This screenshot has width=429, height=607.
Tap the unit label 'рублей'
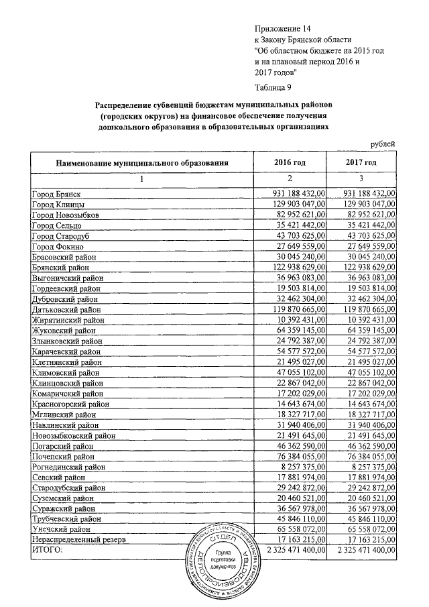(383, 143)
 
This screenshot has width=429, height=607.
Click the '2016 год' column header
(290, 162)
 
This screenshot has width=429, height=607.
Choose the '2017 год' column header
(361, 162)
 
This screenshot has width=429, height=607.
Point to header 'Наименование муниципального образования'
(143, 162)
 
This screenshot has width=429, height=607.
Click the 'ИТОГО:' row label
(46, 550)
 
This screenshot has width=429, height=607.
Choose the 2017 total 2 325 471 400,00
(362, 550)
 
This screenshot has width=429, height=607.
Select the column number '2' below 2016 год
(290, 179)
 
